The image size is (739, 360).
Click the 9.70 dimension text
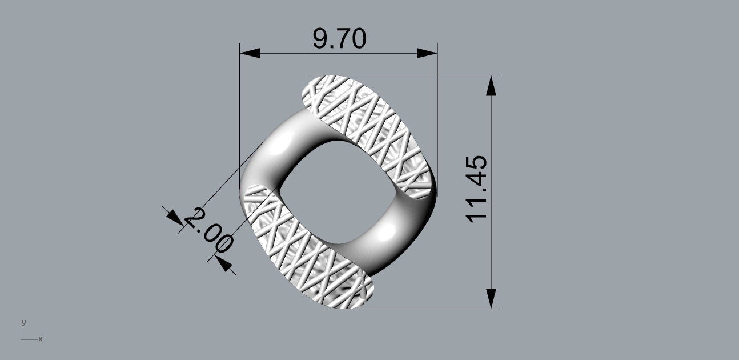click(x=339, y=39)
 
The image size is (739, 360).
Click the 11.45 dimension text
click(x=477, y=189)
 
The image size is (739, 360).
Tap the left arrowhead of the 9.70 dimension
click(x=250, y=53)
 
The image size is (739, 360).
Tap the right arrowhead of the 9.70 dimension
click(x=427, y=53)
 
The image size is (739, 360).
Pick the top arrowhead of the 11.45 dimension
click(x=491, y=85)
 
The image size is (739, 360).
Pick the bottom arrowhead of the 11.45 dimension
click(x=491, y=298)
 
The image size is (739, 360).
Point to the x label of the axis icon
click(x=40, y=339)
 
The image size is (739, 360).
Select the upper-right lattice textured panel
click(x=371, y=131)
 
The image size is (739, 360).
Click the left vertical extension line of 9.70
click(x=239, y=114)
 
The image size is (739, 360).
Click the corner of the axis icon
click(x=22, y=339)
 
